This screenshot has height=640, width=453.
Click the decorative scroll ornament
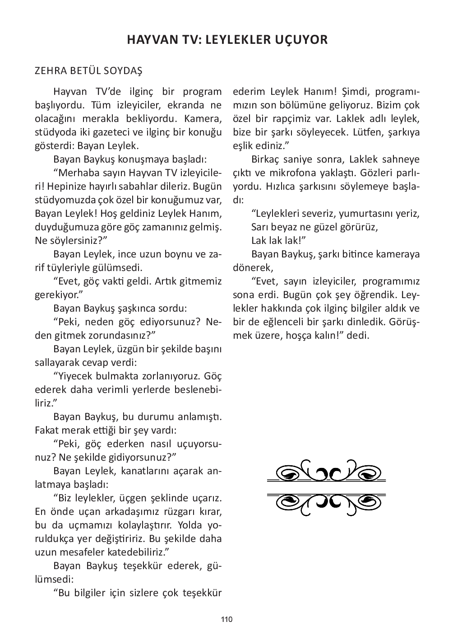(326, 487)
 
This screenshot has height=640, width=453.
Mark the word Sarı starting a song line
(260, 227)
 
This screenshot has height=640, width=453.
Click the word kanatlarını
(147, 471)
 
